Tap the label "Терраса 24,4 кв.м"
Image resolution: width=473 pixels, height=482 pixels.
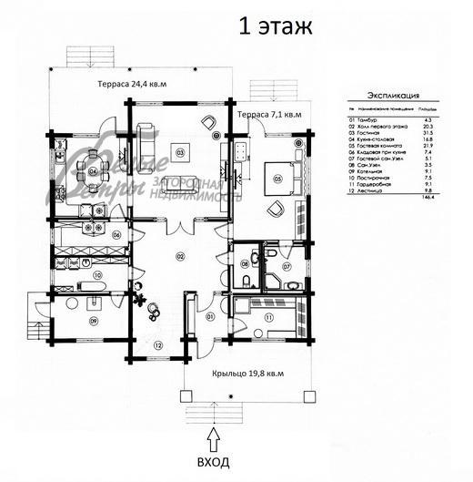[135, 84]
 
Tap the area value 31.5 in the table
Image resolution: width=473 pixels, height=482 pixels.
[447, 134]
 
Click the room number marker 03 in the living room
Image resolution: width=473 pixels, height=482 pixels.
[181, 152]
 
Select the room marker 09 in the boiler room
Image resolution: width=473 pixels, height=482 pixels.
[93, 321]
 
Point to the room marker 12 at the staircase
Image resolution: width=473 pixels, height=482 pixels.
[157, 345]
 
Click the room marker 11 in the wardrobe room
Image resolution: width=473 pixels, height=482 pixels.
[269, 316]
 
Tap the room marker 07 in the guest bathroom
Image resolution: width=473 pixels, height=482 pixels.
[285, 267]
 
